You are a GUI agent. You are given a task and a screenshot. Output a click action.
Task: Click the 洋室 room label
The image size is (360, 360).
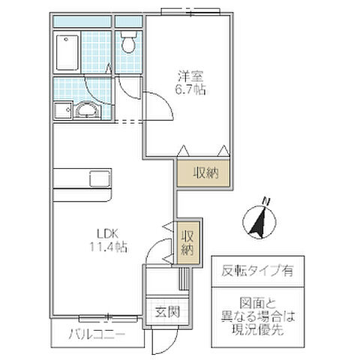[188, 76]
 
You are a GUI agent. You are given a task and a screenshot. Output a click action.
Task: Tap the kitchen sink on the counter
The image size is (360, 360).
[100, 179]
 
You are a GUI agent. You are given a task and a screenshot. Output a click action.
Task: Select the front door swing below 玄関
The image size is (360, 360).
[160, 341]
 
